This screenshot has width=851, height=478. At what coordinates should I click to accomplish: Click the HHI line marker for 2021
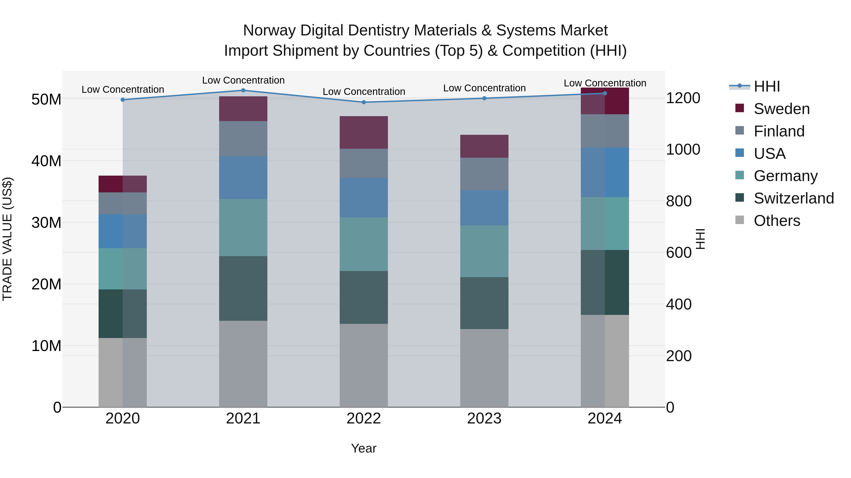point(243,90)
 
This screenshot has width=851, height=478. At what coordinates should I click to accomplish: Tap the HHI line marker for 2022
point(364,102)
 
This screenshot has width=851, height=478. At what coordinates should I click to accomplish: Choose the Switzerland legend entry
point(794,198)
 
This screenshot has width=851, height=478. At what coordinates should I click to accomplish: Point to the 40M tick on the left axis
point(46,161)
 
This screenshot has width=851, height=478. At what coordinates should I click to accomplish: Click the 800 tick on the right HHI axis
point(678,201)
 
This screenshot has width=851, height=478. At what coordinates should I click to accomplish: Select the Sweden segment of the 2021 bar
point(243,109)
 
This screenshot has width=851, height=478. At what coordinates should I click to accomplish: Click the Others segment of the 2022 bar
point(364,365)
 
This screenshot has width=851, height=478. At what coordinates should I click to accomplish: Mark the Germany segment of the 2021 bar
point(243,228)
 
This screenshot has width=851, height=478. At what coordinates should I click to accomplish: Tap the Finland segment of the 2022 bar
point(364,163)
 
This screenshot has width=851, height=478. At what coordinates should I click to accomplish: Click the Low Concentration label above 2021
point(243,80)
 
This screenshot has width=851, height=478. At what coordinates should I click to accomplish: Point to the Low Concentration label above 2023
point(484,88)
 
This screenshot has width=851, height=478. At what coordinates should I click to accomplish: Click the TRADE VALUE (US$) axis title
point(7,239)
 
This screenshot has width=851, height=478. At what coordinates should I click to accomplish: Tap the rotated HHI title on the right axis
point(700,239)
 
